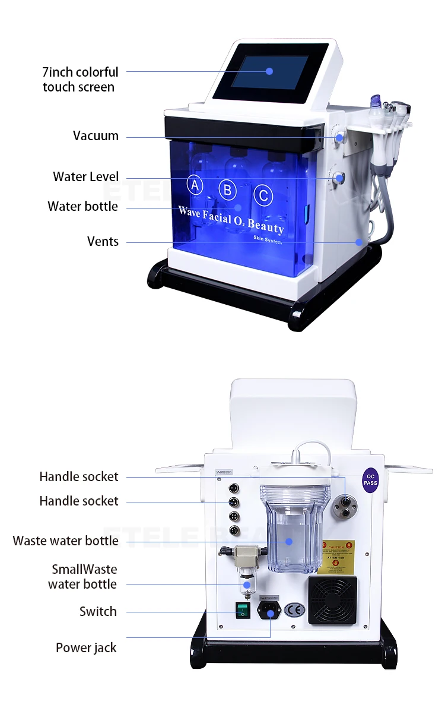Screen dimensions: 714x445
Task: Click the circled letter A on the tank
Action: (195, 185)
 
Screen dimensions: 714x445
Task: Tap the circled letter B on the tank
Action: (227, 190)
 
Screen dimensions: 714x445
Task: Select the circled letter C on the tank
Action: (263, 195)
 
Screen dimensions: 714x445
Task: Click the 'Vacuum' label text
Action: (96, 136)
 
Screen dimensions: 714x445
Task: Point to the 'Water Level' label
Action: (85, 177)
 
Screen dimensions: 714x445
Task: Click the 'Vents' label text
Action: (103, 242)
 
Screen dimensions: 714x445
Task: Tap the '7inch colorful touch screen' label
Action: (80, 80)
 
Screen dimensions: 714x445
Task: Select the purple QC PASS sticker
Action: (370, 479)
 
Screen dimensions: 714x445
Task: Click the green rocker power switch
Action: (241, 609)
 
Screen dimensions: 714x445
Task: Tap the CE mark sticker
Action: (293, 611)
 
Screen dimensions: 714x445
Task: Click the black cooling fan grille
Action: (332, 599)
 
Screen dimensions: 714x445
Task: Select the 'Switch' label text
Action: (98, 612)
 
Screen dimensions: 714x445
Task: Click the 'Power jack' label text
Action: (86, 648)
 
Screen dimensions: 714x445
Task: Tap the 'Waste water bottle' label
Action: (65, 541)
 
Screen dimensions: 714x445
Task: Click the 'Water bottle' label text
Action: (82, 207)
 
